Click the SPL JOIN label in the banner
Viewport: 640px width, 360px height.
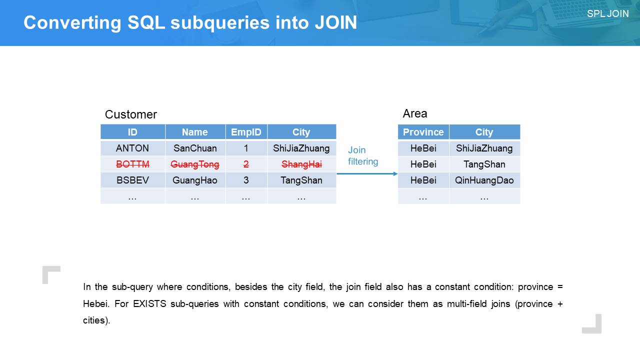pyautogui.click(x=607, y=13)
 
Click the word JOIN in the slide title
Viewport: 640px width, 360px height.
pyautogui.click(x=336, y=22)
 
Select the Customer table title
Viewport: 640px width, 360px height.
pyautogui.click(x=131, y=114)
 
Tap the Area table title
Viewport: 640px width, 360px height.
pyautogui.click(x=415, y=113)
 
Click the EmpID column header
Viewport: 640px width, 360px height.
pyautogui.click(x=246, y=132)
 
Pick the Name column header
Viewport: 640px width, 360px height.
pyautogui.click(x=195, y=132)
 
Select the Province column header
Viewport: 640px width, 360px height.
pyautogui.click(x=423, y=132)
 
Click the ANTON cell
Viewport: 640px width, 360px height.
pyautogui.click(x=132, y=148)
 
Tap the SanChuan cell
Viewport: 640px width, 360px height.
pyautogui.click(x=195, y=148)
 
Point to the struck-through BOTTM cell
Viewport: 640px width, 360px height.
pyautogui.click(x=132, y=164)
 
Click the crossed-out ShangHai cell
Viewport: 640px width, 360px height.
pyautogui.click(x=301, y=164)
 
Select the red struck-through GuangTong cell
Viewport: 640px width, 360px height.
pyautogui.click(x=195, y=164)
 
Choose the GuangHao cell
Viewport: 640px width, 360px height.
pyautogui.click(x=195, y=180)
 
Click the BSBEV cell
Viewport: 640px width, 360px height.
pyautogui.click(x=132, y=180)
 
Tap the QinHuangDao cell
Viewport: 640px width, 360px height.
pyautogui.click(x=484, y=180)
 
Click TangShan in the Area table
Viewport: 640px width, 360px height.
pyautogui.click(x=484, y=164)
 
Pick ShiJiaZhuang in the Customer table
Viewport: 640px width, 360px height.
pyautogui.click(x=301, y=148)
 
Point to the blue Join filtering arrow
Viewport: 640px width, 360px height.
pyautogui.click(x=367, y=173)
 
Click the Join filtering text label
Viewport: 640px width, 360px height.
pyautogui.click(x=363, y=155)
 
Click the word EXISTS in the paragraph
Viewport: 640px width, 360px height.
pyautogui.click(x=149, y=303)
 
